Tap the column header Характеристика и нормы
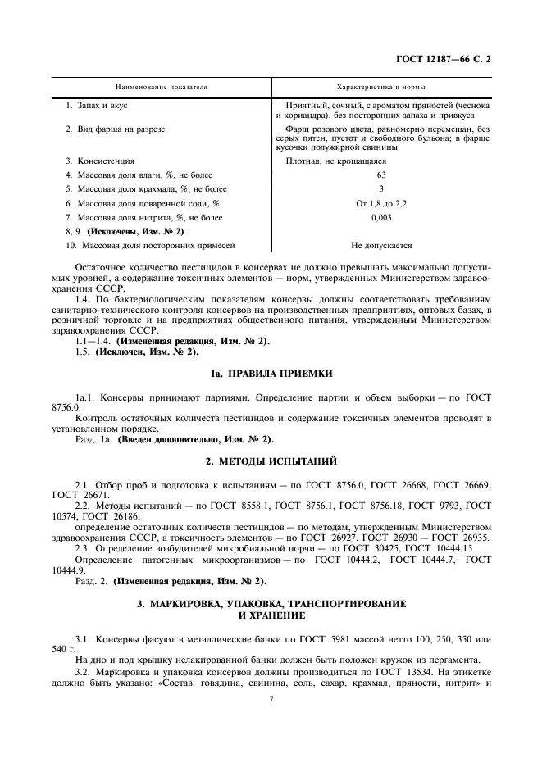[380, 86]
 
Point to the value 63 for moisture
[380, 175]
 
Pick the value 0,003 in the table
[380, 217]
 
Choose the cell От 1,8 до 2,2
[380, 203]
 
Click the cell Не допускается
[380, 245]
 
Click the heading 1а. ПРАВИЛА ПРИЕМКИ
[271, 373]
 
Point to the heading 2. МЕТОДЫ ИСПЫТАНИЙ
[271, 461]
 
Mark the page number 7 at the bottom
[271, 699]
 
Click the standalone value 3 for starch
[380, 189]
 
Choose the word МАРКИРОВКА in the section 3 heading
[189, 603]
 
